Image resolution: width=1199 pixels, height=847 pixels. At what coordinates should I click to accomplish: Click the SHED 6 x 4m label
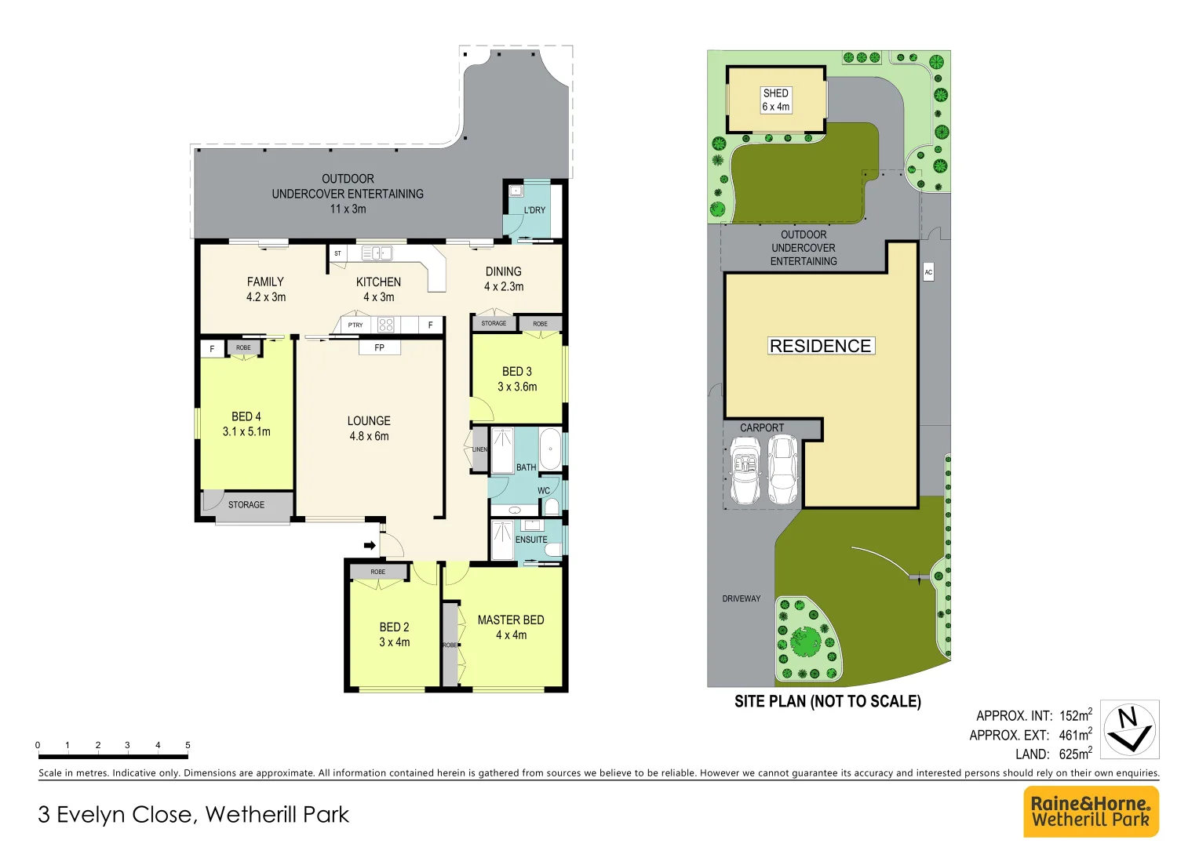(x=776, y=100)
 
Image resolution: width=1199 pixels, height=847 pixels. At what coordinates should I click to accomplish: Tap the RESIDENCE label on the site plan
(x=820, y=346)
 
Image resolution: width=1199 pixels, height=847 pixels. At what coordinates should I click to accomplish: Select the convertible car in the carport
(x=745, y=471)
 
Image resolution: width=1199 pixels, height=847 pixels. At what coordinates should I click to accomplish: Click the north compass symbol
(x=1129, y=729)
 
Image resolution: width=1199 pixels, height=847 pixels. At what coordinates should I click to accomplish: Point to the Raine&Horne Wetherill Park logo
(x=1091, y=812)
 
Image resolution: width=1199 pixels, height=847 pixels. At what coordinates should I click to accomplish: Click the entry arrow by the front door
(x=370, y=545)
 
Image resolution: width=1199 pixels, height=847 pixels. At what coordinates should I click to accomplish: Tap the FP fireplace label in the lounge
(x=380, y=347)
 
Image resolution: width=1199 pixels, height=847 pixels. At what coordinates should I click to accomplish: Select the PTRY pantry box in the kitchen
(x=355, y=325)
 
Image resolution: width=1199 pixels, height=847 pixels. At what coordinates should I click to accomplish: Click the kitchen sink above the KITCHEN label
(x=377, y=253)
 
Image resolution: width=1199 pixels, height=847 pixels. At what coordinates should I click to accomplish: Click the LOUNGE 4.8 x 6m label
(x=369, y=428)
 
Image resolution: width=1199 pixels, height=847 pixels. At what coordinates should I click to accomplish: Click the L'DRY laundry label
(x=534, y=210)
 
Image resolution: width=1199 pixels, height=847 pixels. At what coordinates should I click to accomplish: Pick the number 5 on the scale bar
(x=188, y=745)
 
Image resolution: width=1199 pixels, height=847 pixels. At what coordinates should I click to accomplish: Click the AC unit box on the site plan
(x=928, y=272)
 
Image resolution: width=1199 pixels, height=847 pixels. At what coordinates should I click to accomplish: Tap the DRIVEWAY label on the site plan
(x=742, y=598)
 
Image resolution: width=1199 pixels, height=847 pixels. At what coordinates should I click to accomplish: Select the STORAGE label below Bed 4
(x=246, y=504)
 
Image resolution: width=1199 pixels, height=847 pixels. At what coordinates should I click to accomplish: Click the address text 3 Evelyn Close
(x=118, y=815)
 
